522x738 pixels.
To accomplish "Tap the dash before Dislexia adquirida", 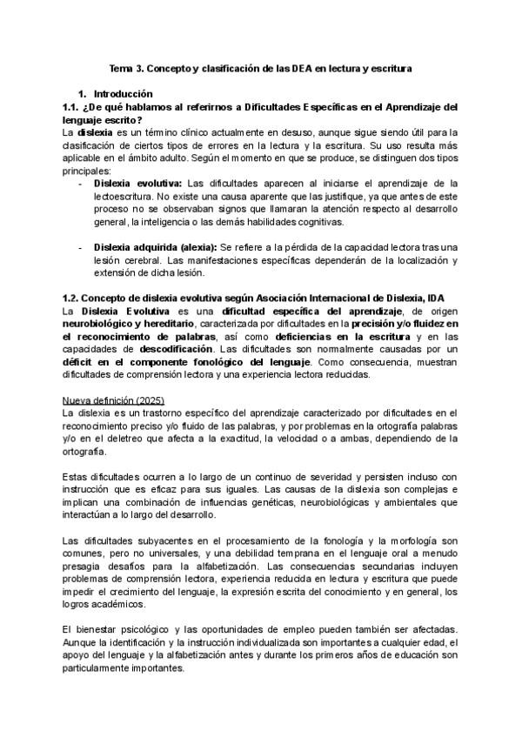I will pyautogui.click(x=81, y=248).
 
